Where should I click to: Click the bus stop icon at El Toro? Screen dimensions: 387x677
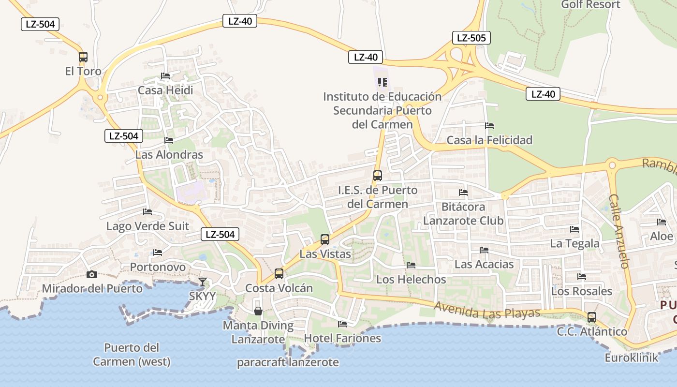pyautogui.click(x=83, y=57)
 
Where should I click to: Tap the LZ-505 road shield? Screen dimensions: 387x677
pyautogui.click(x=471, y=38)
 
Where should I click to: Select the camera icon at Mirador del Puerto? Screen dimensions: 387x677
pyautogui.click(x=91, y=275)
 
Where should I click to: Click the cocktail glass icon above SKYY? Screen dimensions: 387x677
pyautogui.click(x=203, y=282)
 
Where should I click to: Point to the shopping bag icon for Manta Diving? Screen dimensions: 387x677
pyautogui.click(x=258, y=311)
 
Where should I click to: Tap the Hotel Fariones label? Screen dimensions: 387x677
pyautogui.click(x=342, y=338)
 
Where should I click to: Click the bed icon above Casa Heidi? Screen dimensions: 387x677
pyautogui.click(x=165, y=76)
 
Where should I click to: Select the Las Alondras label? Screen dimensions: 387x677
pyautogui.click(x=169, y=155)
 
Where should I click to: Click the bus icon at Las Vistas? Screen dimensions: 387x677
pyautogui.click(x=325, y=239)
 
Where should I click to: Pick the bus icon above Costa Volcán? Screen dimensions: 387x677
pyautogui.click(x=279, y=274)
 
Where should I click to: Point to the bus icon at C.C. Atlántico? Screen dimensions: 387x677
pyautogui.click(x=592, y=317)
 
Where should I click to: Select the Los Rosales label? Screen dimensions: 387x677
pyautogui.click(x=582, y=291)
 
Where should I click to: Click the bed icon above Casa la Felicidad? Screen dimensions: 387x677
pyautogui.click(x=489, y=126)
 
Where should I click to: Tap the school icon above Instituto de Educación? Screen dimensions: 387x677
pyautogui.click(x=383, y=82)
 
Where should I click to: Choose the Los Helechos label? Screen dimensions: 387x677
pyautogui.click(x=411, y=279)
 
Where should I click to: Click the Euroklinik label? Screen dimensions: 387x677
pyautogui.click(x=632, y=358)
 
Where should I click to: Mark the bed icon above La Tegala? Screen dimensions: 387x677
pyautogui.click(x=574, y=229)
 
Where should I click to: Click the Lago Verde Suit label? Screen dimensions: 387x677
pyautogui.click(x=147, y=226)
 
